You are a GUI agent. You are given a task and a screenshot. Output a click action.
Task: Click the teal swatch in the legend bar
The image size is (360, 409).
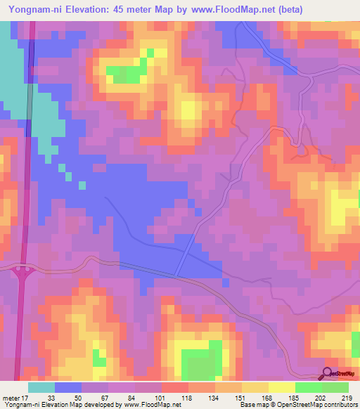tap(41, 387)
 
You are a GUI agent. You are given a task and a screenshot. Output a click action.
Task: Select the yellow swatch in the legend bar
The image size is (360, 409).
tap(282, 387)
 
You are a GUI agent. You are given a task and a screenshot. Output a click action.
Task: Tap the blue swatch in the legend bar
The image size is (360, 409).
tap(68, 387)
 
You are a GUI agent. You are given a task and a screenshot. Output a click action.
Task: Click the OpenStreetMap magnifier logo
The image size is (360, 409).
tap(328, 374)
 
